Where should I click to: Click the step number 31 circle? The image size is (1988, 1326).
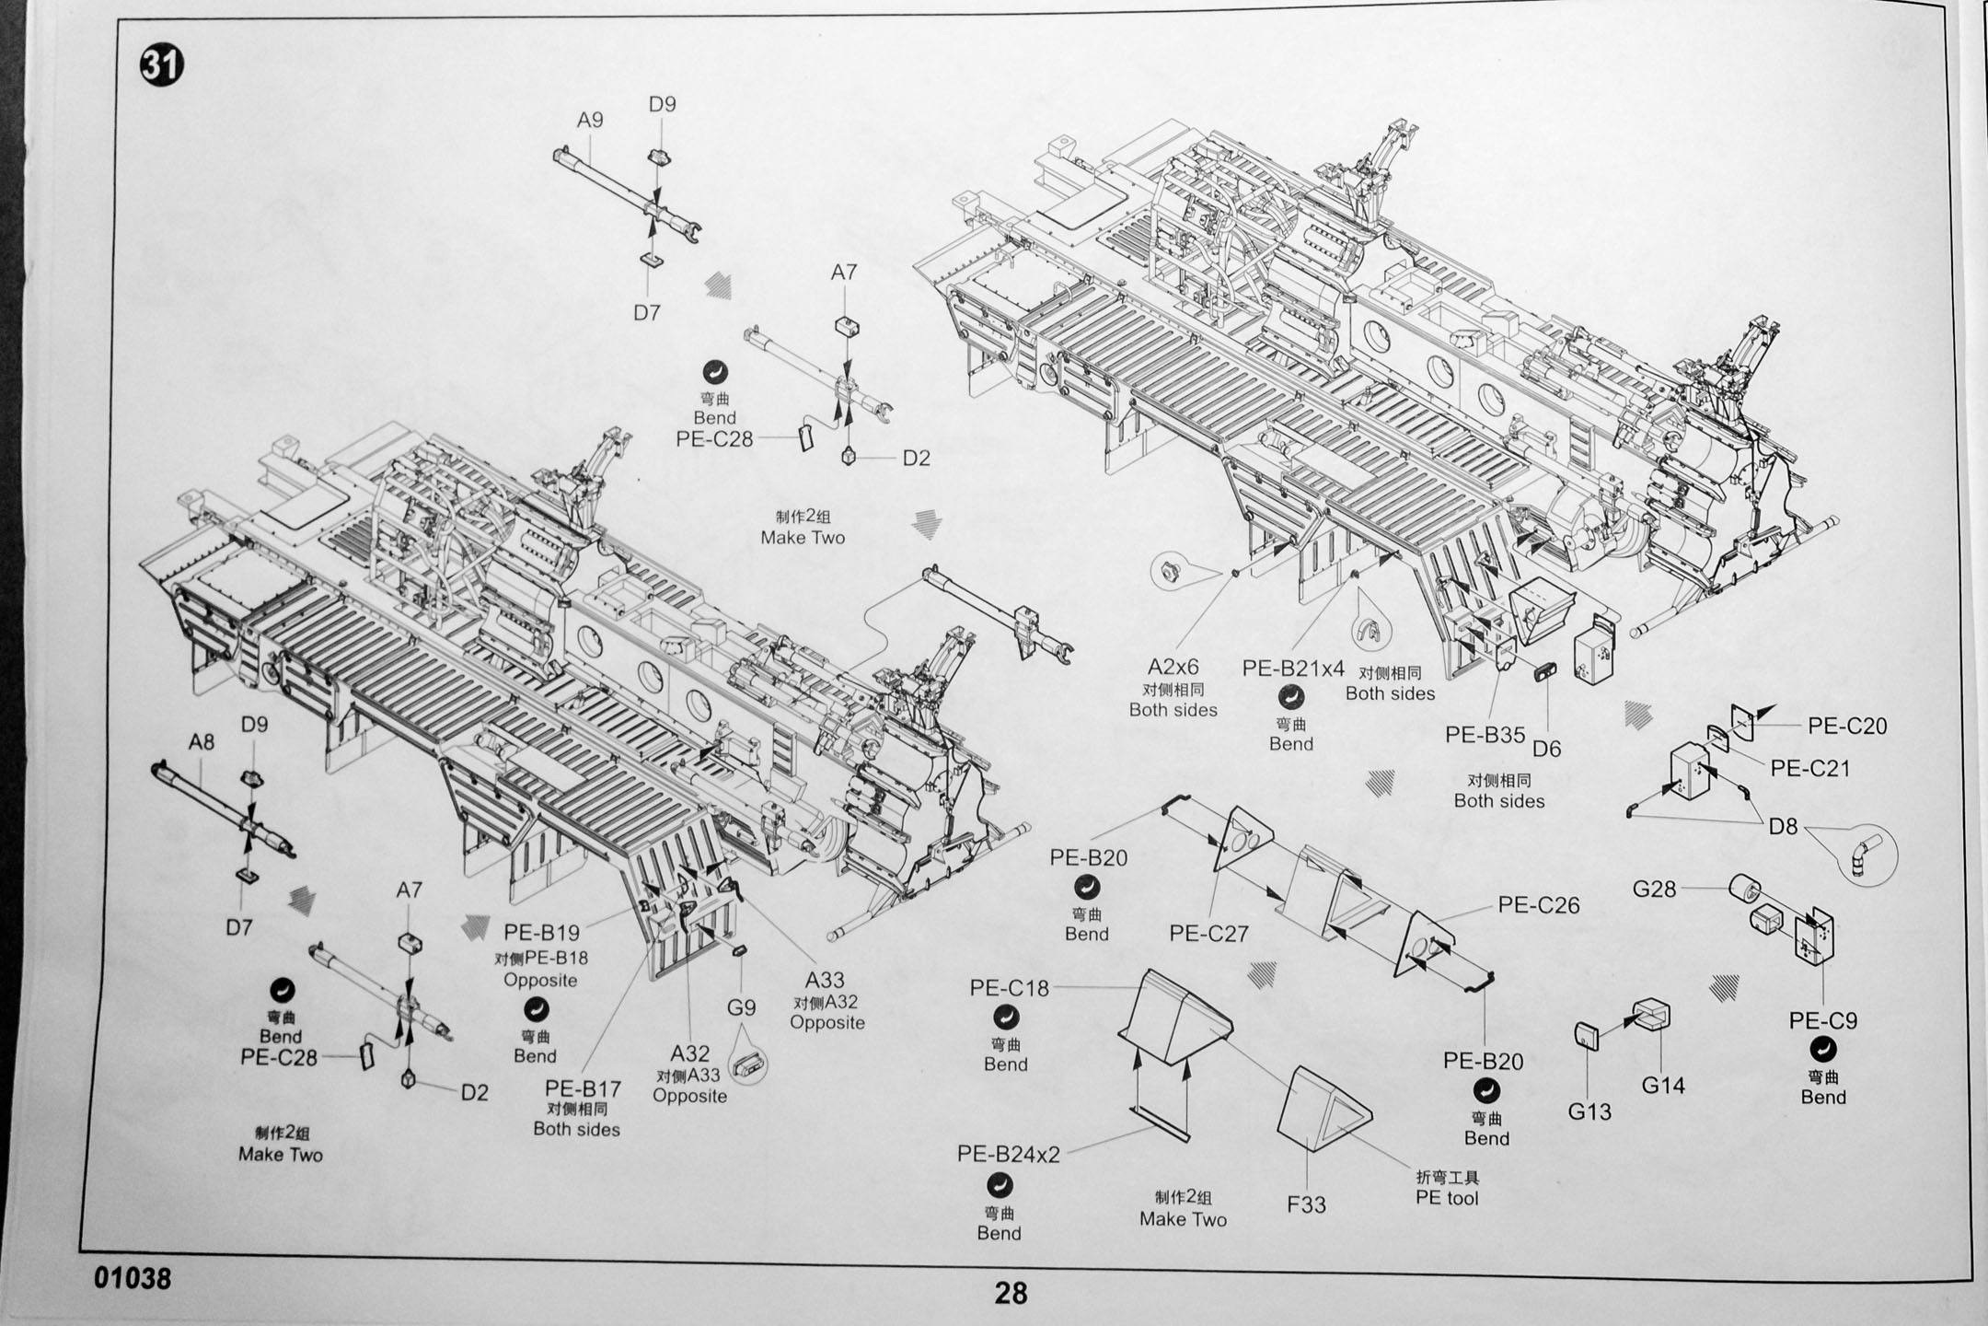point(161,66)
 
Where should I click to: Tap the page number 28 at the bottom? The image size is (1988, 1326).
point(1010,1294)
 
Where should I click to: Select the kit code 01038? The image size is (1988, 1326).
point(133,1278)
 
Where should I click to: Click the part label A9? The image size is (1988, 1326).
point(590,120)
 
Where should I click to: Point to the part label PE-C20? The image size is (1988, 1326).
point(1846,726)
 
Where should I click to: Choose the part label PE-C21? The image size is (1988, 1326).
point(1809,768)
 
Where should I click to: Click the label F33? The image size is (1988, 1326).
point(1306,1204)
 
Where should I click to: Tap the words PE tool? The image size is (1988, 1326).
point(1447,1197)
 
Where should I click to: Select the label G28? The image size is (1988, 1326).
point(1654,889)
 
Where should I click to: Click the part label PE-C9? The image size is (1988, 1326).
point(1822,1020)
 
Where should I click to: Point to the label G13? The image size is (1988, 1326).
point(1589,1111)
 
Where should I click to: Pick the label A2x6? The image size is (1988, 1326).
point(1173,667)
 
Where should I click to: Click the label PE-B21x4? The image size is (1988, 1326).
point(1293,669)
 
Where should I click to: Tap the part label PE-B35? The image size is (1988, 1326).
point(1485,735)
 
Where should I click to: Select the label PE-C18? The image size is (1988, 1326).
point(1009,988)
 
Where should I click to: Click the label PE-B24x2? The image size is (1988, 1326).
point(1009,1154)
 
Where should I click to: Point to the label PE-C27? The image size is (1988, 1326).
point(1208,934)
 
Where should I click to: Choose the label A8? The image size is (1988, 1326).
point(202,741)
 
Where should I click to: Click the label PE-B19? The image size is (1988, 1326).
point(541,933)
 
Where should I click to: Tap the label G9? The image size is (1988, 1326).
point(741,1007)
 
